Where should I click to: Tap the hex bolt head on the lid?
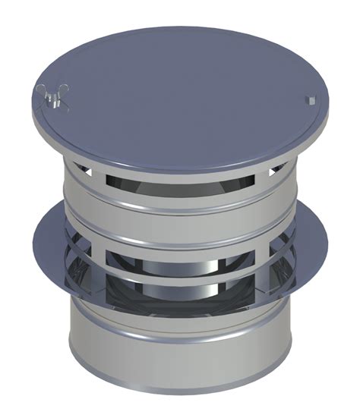(312, 99)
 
